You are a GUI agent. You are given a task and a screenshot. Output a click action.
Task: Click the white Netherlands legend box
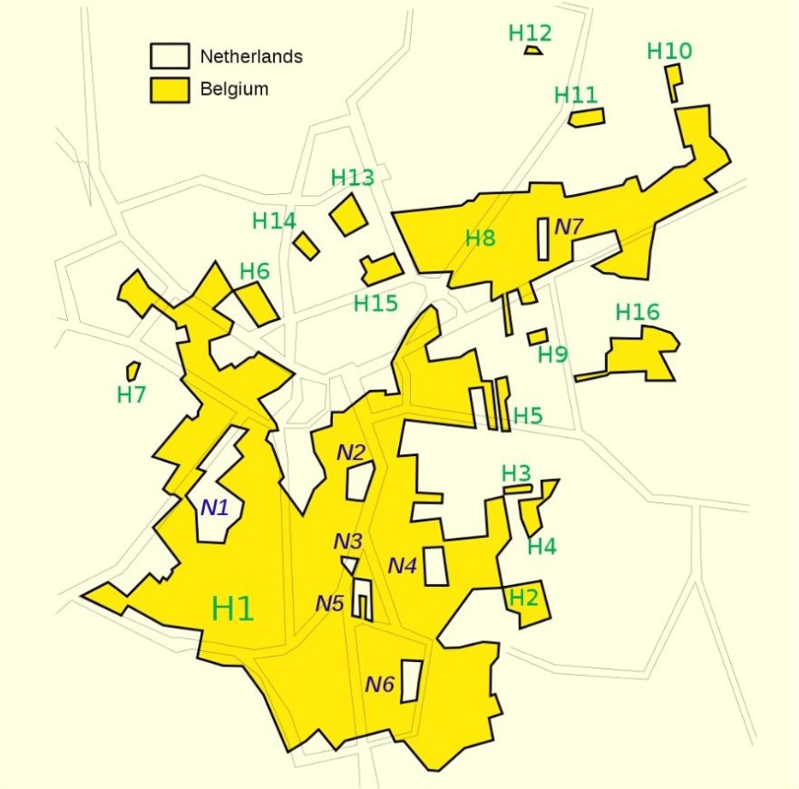click(x=169, y=56)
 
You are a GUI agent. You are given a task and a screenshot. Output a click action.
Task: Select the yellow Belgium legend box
click(x=169, y=89)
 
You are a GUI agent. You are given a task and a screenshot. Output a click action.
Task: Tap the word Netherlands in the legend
click(x=251, y=57)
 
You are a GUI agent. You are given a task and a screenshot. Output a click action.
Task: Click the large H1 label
click(x=233, y=609)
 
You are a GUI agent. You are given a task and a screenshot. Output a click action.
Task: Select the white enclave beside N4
click(x=436, y=566)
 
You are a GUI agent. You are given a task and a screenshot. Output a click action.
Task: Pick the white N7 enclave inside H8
click(x=543, y=239)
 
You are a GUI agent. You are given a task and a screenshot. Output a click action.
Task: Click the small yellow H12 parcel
click(x=533, y=50)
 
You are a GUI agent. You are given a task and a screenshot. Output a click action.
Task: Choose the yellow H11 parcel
click(x=587, y=117)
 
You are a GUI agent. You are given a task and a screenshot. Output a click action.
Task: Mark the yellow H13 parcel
click(x=348, y=214)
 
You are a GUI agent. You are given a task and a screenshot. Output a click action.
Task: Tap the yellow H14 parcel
click(x=306, y=246)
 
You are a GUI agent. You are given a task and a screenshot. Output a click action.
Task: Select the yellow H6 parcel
click(x=257, y=303)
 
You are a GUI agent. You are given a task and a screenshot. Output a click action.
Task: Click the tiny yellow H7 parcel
click(x=133, y=371)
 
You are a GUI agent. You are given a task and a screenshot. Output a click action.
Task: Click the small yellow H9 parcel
click(x=538, y=337)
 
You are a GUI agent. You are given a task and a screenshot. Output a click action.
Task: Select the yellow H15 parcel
click(x=381, y=269)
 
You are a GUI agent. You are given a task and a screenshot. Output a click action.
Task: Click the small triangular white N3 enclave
click(x=349, y=564)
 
